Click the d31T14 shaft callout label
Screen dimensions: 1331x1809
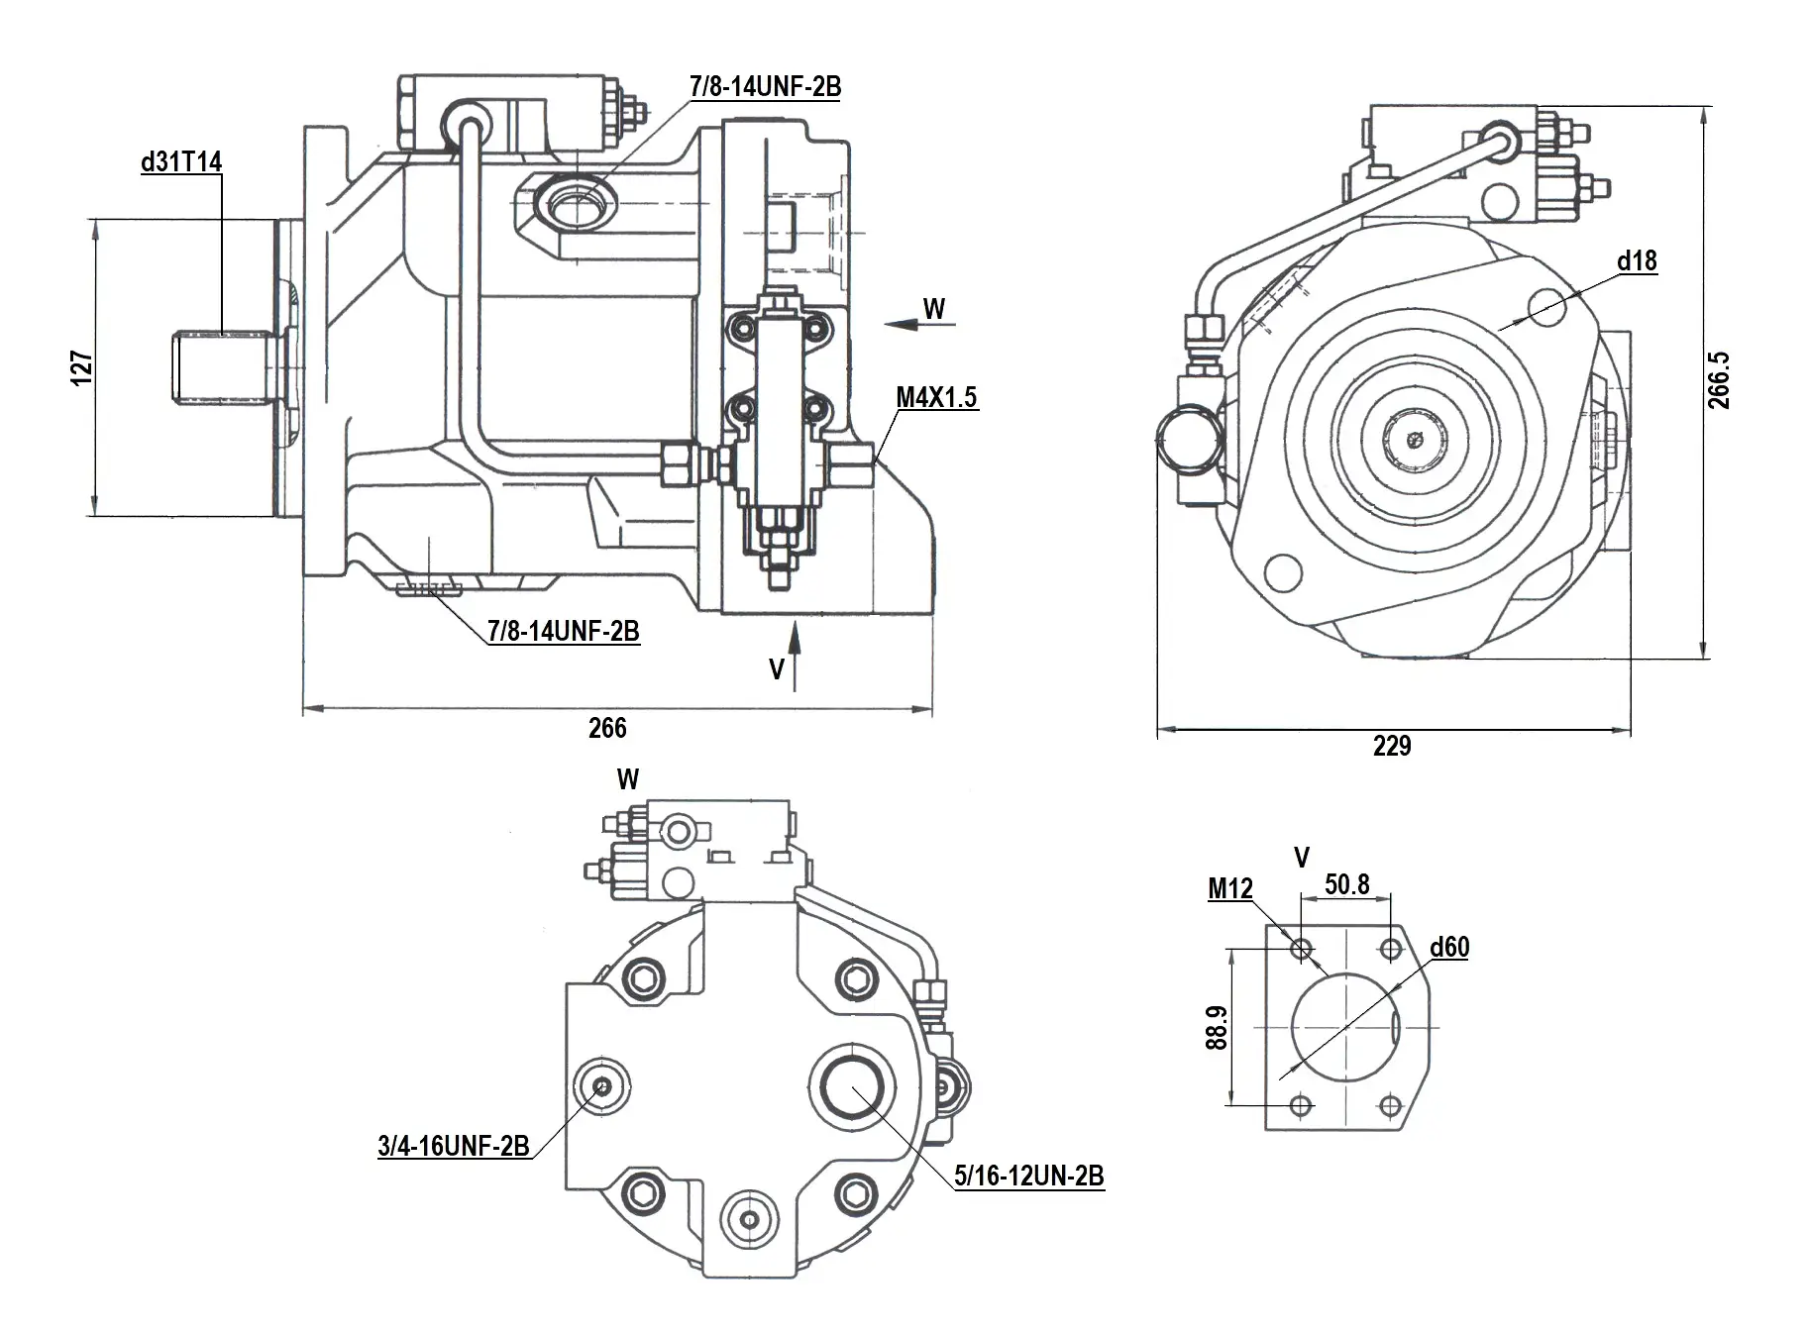click(181, 161)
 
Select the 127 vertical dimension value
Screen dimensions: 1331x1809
click(83, 366)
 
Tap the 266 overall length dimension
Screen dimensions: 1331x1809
click(607, 728)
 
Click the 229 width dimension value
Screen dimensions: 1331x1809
click(1391, 746)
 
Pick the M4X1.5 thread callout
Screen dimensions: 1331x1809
click(936, 397)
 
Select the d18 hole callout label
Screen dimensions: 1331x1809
click(1637, 260)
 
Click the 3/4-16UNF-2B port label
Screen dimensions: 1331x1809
click(453, 1147)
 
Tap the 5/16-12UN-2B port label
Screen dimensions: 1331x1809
click(1028, 1176)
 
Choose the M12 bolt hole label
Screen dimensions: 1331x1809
click(1229, 889)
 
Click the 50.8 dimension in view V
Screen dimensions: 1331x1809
click(1347, 883)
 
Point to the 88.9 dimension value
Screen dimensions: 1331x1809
click(1218, 1027)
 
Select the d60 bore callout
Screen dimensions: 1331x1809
click(1449, 947)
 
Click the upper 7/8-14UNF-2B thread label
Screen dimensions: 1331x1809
click(765, 87)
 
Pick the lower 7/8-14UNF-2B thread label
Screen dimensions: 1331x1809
click(563, 631)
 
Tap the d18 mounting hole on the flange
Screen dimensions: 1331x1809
click(1547, 307)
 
